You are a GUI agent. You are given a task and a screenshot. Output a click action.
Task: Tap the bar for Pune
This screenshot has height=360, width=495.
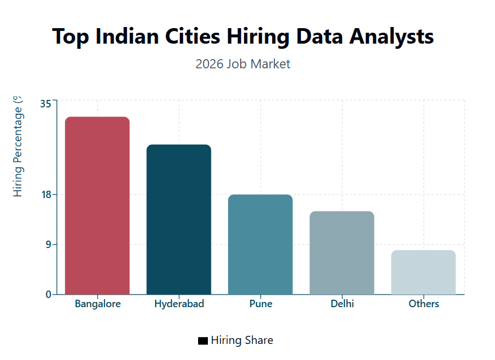(260, 245)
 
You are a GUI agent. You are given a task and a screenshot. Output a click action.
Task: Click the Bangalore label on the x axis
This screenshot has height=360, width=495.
(98, 304)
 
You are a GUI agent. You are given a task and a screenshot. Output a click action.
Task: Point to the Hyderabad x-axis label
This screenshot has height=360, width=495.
(179, 304)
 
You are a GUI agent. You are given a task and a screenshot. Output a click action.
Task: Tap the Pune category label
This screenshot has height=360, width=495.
(261, 304)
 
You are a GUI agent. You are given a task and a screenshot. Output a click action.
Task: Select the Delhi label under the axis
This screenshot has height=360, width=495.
(342, 304)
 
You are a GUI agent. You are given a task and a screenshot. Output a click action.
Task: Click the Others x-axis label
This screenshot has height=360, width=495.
(424, 304)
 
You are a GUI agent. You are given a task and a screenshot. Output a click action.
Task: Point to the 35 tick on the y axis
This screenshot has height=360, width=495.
(45, 104)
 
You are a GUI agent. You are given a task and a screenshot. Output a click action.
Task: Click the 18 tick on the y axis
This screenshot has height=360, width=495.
(45, 195)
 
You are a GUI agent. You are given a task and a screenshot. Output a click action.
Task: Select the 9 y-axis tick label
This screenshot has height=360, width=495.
(48, 245)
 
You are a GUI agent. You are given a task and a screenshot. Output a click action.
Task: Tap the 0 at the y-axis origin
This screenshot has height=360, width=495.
(48, 295)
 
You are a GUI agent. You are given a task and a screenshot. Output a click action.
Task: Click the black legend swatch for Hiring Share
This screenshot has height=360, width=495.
(203, 341)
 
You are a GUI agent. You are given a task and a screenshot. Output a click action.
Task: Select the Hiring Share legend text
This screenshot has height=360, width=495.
(242, 340)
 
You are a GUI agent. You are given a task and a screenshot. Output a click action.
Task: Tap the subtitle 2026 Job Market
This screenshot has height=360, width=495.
(243, 64)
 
